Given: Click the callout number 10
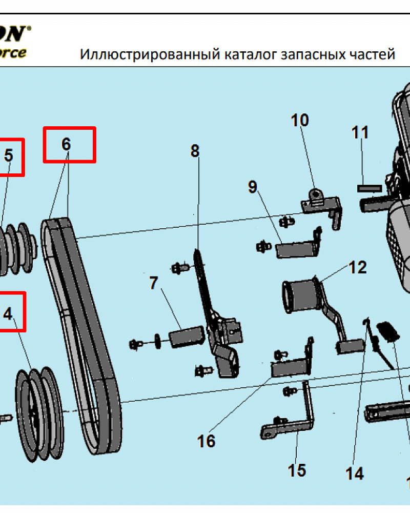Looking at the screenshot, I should [x=300, y=121].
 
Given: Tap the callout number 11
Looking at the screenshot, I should [x=360, y=132].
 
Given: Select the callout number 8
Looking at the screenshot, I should [x=195, y=151].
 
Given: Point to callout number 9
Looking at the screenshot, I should [x=252, y=187].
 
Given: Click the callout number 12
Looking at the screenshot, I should [x=358, y=267].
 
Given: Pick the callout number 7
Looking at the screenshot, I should [x=154, y=283].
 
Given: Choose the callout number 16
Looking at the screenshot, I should [x=207, y=441].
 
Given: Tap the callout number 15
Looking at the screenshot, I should [x=297, y=470].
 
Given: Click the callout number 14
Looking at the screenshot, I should [x=354, y=473].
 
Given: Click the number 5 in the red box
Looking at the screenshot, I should [x=9, y=155].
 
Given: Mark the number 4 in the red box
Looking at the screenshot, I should [x=8, y=313].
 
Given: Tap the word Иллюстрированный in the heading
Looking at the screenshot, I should [x=150, y=54].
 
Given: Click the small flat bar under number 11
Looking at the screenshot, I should [x=370, y=188].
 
